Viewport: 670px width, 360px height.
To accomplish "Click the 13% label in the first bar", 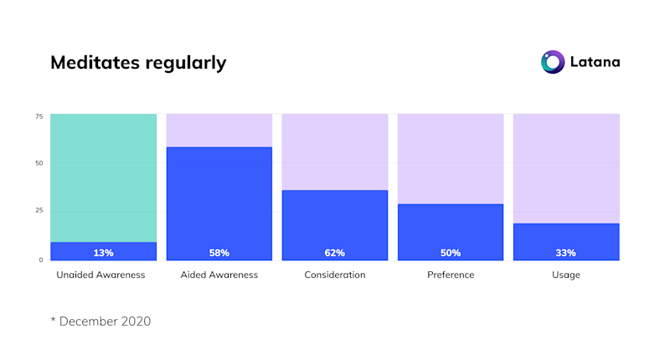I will click(x=103, y=253).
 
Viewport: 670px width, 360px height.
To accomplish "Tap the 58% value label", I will click(x=219, y=253).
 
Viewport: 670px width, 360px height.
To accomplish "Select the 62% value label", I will click(x=334, y=253).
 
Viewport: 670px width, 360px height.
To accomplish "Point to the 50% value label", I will click(x=450, y=253).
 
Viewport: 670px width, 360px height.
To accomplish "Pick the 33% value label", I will click(x=566, y=253).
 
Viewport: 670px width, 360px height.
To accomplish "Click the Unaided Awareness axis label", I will click(x=100, y=275).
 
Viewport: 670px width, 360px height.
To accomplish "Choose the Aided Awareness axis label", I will click(x=219, y=275).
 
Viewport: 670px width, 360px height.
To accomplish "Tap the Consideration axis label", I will click(x=334, y=275).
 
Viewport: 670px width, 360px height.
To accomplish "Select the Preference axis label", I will click(x=451, y=275).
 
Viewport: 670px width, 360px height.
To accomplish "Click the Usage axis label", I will click(x=566, y=275).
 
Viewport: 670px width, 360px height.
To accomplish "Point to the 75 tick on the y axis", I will click(x=39, y=116).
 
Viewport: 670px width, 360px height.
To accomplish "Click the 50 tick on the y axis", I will click(x=39, y=163).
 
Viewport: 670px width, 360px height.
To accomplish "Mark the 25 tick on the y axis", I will click(x=39, y=210).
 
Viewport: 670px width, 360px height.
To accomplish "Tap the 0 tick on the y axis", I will click(x=40, y=260).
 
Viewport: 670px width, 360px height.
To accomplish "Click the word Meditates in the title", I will click(x=94, y=63).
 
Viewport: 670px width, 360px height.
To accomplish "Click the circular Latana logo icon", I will click(x=553, y=62).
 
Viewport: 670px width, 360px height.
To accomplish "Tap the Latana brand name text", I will click(x=595, y=62).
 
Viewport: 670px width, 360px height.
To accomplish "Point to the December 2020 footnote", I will click(x=100, y=321).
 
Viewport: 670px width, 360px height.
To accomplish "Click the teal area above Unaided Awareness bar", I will click(x=103, y=176).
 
